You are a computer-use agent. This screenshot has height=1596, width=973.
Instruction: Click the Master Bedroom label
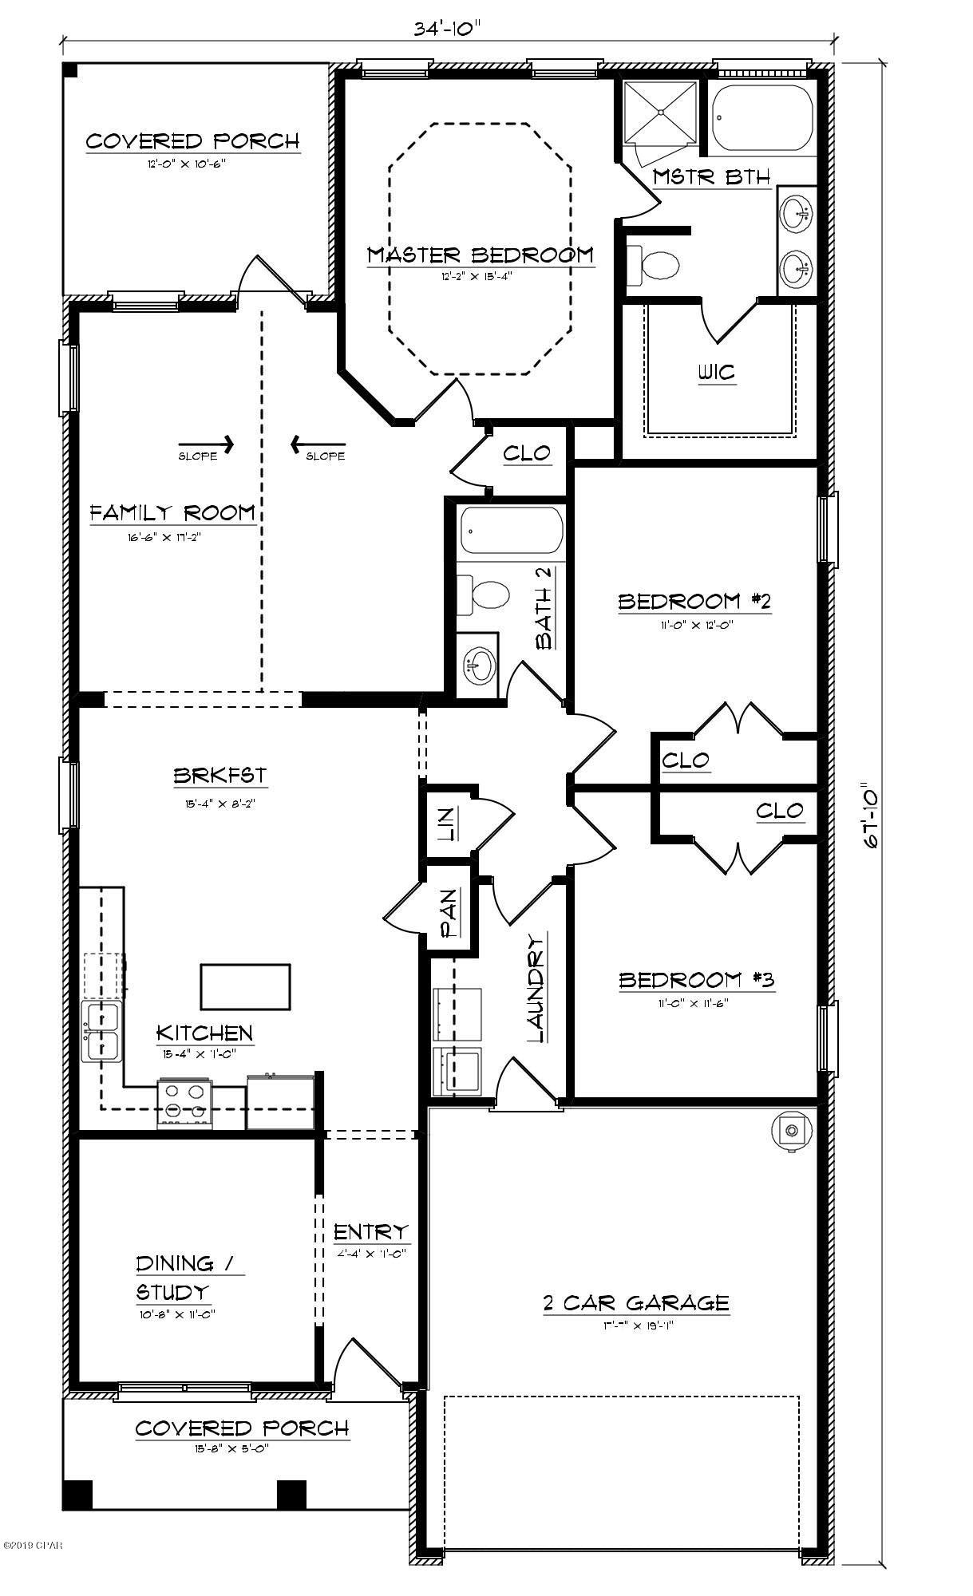481,255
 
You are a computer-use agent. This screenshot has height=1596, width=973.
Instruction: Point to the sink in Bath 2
480,664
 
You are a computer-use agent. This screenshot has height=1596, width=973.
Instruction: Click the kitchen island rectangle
245,987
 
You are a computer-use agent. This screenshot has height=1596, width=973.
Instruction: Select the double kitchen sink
101,1033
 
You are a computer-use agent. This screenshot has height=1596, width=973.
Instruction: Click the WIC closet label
716,373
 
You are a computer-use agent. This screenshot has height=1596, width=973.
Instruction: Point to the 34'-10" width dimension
448,29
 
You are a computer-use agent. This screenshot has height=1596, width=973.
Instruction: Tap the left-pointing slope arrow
317,444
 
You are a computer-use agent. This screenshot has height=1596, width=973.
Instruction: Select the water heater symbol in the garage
791,1131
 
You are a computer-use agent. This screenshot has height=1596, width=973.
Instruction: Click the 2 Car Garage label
635,1303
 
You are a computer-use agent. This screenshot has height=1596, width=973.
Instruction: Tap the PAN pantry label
449,914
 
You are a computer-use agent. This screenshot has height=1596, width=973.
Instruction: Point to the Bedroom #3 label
697,980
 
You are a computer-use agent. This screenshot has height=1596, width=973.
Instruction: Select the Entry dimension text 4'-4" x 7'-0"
371,1253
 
